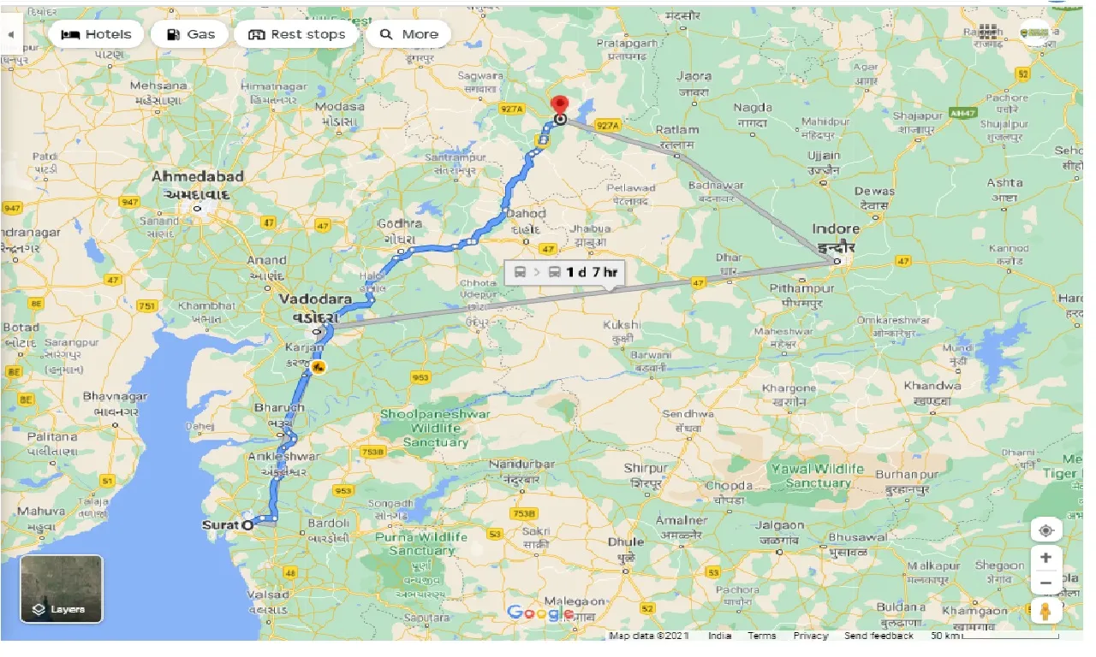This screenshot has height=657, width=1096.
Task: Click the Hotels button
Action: click(95, 34)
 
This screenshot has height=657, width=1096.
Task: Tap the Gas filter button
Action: click(189, 34)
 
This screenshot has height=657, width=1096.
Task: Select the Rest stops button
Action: click(296, 34)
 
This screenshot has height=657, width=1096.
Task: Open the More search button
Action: click(408, 34)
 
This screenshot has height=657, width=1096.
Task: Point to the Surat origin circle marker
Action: click(248, 524)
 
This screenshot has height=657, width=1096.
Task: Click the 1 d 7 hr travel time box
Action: click(564, 272)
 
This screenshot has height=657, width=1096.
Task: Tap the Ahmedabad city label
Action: click(198, 176)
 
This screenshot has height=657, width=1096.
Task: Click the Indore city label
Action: click(836, 229)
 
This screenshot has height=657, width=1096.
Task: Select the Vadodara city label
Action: click(315, 299)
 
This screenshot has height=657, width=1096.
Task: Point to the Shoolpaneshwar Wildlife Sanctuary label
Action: click(436, 428)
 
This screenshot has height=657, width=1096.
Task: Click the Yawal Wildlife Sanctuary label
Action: click(818, 476)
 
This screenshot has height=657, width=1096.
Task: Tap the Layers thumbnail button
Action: click(61, 589)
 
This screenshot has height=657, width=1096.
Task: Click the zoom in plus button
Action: click(1045, 558)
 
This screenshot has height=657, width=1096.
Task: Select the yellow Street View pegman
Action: click(1045, 611)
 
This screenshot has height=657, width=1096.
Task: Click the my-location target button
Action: click(1045, 530)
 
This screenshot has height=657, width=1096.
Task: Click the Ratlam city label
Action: click(676, 130)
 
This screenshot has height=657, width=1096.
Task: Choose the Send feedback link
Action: click(879, 636)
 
